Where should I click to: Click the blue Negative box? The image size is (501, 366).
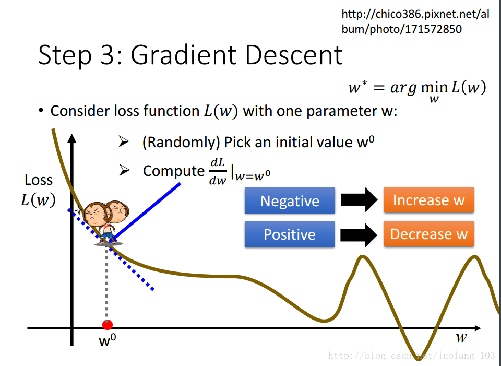tap(290, 200)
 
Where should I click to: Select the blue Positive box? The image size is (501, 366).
tap(290, 234)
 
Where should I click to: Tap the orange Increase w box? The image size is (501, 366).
tap(429, 200)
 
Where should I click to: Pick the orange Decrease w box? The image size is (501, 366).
tap(429, 234)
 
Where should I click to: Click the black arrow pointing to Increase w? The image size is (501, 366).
tap(359, 200)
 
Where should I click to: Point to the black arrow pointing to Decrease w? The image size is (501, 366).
tap(359, 235)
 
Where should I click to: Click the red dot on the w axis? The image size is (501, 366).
tap(108, 325)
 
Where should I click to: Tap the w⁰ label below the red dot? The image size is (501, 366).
tap(108, 340)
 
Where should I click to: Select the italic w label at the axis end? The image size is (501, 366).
tap(461, 337)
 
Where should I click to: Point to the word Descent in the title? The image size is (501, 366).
tap(294, 55)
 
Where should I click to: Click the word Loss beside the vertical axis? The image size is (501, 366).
tap(39, 180)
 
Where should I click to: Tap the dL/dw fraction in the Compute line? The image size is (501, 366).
tap(218, 171)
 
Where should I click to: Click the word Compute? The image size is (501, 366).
tap(173, 171)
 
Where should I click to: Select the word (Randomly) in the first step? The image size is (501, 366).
tap(181, 142)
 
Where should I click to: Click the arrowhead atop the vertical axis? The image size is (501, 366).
tap(72, 138)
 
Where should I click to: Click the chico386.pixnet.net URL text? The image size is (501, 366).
tap(415, 21)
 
